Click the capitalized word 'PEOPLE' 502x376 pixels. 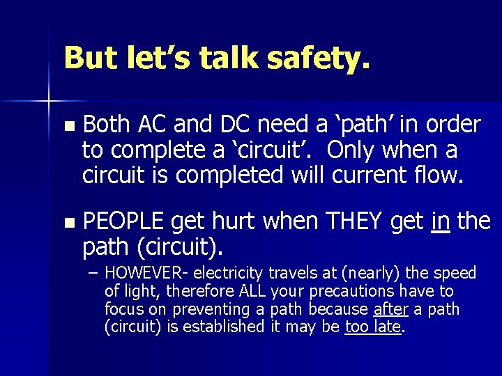pyautogui.click(x=123, y=221)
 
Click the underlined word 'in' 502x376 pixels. pyautogui.click(x=440, y=221)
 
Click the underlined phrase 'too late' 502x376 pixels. pyautogui.click(x=373, y=327)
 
